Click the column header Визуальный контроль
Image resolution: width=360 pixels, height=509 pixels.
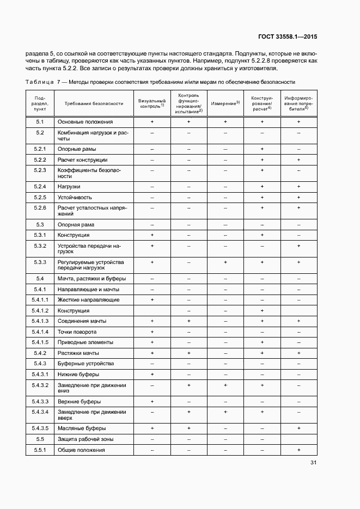tap(152, 103)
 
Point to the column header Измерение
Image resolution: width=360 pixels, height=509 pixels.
tap(225, 103)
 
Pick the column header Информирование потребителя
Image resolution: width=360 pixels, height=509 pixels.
tap(298, 103)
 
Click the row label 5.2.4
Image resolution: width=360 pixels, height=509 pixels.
tap(40, 187)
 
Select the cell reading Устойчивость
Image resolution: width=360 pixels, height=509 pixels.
tap(75, 197)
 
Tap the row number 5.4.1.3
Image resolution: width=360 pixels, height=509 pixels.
tap(40, 321)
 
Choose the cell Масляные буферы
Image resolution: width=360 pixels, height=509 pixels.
tap(78, 428)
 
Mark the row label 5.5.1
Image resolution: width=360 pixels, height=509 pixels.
tap(40, 450)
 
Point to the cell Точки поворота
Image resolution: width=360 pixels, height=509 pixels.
tap(77, 332)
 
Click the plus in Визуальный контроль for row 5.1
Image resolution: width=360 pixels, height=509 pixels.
tap(152, 122)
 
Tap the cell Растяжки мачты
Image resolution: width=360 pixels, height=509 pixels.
tap(78, 353)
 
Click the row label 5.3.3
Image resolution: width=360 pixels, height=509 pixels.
tap(40, 262)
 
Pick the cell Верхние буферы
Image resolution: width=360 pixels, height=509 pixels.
tap(78, 402)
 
